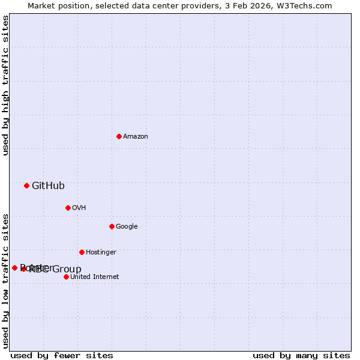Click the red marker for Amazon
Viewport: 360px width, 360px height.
pos(119,136)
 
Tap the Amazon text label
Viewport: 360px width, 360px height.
pos(136,137)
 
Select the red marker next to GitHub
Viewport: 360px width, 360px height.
pos(26,185)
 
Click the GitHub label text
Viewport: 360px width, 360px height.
pos(48,186)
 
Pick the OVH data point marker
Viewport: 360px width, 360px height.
pos(68,208)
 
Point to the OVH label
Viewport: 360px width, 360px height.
pos(79,208)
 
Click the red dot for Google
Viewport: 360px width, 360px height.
pos(112,226)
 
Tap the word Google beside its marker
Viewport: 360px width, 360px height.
pos(127,227)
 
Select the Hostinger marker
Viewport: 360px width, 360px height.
pos(82,252)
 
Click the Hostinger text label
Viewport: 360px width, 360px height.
pos(101,253)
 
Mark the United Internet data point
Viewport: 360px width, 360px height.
pos(66,277)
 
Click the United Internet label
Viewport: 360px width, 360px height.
pos(95,277)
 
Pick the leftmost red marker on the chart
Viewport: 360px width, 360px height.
pos(14,268)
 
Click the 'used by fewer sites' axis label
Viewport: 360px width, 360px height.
pos(62,356)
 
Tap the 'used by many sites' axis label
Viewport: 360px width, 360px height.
pos(301,356)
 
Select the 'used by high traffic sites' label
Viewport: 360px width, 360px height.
pos(5,85)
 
